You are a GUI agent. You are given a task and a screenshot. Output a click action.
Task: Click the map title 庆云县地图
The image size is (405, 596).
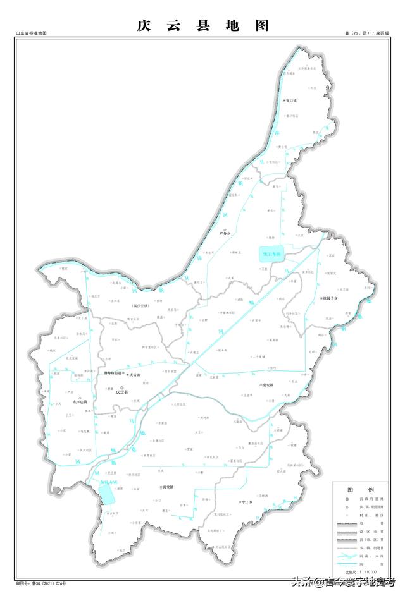pyautogui.click(x=202, y=26)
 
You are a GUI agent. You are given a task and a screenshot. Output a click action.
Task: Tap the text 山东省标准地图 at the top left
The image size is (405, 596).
pyautogui.click(x=32, y=32)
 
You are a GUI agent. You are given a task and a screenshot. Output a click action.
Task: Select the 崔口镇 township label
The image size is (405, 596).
pyautogui.click(x=290, y=100)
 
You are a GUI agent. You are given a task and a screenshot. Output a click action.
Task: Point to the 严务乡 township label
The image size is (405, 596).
pyautogui.click(x=226, y=233)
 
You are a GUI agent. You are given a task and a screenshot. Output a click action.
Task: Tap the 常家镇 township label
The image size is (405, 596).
pyautogui.click(x=270, y=384)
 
